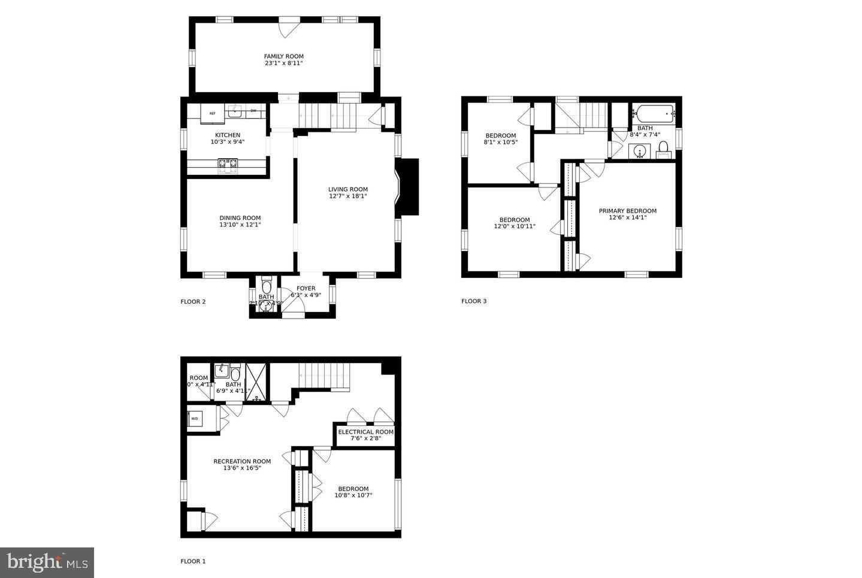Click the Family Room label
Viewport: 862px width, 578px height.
[x=283, y=56]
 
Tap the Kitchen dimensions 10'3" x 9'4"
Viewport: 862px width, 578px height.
[x=228, y=142]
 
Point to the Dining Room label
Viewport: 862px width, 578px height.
[x=240, y=218]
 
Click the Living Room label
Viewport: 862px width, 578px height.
[x=347, y=189]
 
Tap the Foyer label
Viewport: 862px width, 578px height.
[x=306, y=288]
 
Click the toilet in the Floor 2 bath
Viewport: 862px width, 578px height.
[x=267, y=282]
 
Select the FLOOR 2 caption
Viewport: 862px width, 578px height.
[x=193, y=301]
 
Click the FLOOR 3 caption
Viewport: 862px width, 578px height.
[x=474, y=301]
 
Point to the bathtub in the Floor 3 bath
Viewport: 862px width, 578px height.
[x=654, y=113]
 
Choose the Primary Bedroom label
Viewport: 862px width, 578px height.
[x=627, y=211]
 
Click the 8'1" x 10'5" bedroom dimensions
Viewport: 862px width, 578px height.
[x=500, y=143]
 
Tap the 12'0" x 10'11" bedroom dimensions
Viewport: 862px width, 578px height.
[x=514, y=226]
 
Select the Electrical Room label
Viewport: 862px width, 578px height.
[x=365, y=432]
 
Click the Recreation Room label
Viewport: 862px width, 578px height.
[x=242, y=461]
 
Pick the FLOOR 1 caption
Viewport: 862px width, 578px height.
[x=193, y=561]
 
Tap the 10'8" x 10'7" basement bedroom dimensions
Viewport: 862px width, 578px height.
[x=353, y=495]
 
